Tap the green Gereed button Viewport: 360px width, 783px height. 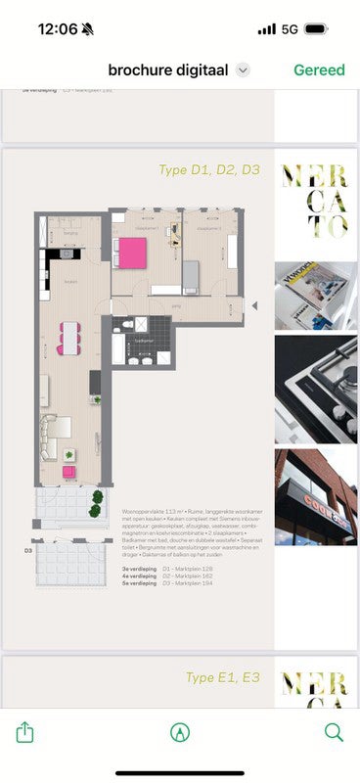pyautogui.click(x=319, y=69)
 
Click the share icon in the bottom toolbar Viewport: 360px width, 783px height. pyautogui.click(x=26, y=732)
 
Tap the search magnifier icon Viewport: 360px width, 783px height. pyautogui.click(x=334, y=732)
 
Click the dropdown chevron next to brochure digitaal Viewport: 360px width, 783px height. pyautogui.click(x=244, y=70)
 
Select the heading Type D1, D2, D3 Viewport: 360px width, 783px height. pyautogui.click(x=209, y=170)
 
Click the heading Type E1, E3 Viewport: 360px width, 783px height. pyautogui.click(x=223, y=676)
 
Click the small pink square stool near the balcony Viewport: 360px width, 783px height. pyautogui.click(x=69, y=472)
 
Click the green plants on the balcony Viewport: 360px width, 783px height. pyautogui.click(x=97, y=505)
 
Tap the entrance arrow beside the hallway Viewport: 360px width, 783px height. pyautogui.click(x=254, y=305)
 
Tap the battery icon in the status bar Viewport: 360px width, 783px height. pyautogui.click(x=316, y=29)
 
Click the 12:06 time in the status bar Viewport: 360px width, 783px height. pyautogui.click(x=58, y=29)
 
